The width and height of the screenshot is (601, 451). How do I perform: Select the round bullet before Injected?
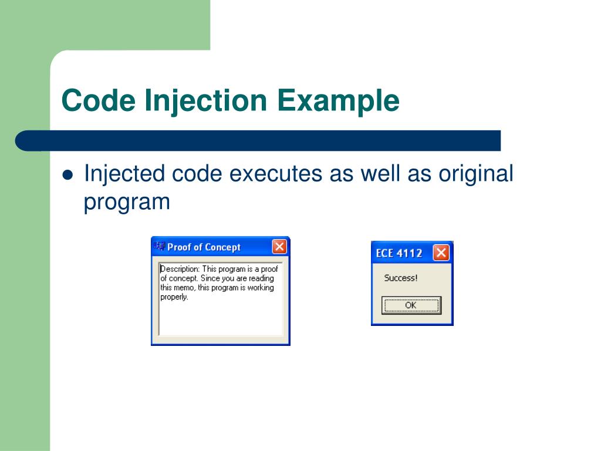click(x=67, y=176)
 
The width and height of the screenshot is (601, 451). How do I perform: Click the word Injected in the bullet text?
click(x=124, y=174)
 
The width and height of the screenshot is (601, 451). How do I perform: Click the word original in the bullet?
click(x=476, y=174)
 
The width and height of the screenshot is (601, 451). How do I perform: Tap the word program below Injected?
click(x=126, y=203)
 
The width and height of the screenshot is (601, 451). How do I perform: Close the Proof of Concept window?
click(x=279, y=247)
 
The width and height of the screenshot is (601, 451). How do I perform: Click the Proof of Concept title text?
click(x=204, y=247)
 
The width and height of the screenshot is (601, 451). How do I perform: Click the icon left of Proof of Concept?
click(x=159, y=247)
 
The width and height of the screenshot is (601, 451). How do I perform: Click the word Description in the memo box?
click(x=179, y=269)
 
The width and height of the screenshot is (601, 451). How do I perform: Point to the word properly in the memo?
click(x=174, y=297)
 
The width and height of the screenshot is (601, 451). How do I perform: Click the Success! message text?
click(x=401, y=278)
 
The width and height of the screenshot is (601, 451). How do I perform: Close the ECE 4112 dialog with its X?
click(x=441, y=253)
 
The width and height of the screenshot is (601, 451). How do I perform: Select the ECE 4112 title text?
click(x=399, y=254)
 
